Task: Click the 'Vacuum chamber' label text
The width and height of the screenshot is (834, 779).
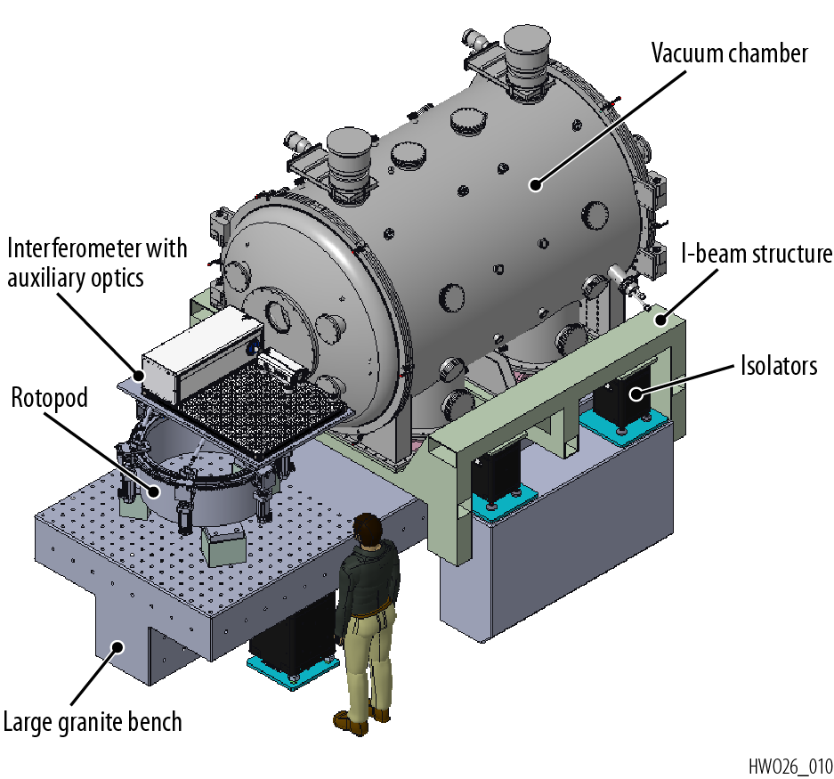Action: coord(729,53)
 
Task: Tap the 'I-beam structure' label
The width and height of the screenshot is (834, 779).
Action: coord(756,256)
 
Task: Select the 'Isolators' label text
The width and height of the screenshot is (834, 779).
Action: coord(778,365)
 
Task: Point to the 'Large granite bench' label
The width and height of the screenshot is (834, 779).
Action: coord(93,720)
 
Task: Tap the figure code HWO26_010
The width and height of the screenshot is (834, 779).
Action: coord(789,766)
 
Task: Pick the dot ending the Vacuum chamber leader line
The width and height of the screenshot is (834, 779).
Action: coord(535,185)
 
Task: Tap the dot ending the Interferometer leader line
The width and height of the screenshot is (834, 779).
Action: coord(139,375)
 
